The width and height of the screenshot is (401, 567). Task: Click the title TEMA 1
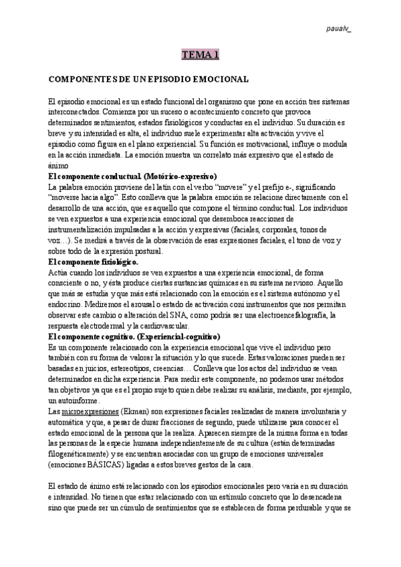(200, 55)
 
